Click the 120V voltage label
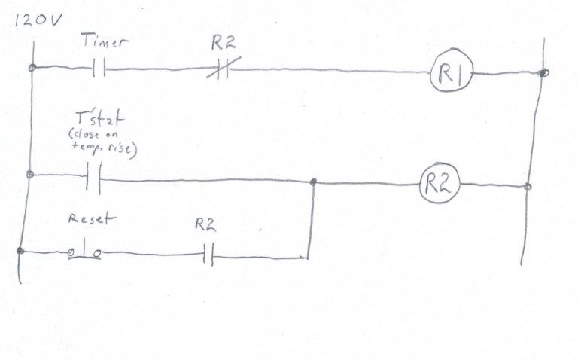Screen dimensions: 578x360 point(37,20)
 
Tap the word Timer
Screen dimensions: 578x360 point(105,41)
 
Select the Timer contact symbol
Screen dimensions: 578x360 point(99,67)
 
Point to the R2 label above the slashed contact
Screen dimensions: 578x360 point(224,43)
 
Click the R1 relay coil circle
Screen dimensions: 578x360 point(452,70)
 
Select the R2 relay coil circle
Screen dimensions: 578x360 point(440,183)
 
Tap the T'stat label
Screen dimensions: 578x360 point(99,118)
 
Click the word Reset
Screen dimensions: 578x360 point(92,218)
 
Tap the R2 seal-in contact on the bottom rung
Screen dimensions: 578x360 point(208,255)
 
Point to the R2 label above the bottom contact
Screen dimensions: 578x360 point(205,224)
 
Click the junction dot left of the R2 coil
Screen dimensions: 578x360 point(313,182)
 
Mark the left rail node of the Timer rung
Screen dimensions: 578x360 point(32,68)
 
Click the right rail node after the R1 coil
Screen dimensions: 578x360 point(543,72)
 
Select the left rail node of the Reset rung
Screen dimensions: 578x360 point(20,252)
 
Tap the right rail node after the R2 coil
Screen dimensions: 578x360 point(528,186)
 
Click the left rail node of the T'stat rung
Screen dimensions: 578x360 point(30,175)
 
